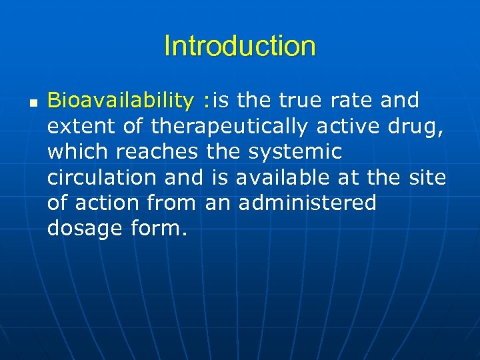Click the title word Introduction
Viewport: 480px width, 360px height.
(239, 47)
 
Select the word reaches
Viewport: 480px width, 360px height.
(157, 151)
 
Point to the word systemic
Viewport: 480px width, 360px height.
(295, 151)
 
